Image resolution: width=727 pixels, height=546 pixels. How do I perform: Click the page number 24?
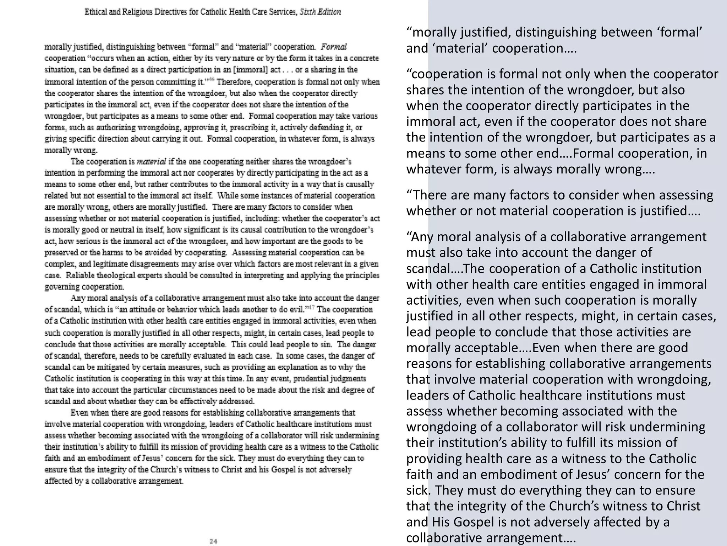point(213,541)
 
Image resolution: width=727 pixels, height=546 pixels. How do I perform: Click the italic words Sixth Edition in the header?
point(320,12)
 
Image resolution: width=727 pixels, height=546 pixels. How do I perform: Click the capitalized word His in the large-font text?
point(441,522)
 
